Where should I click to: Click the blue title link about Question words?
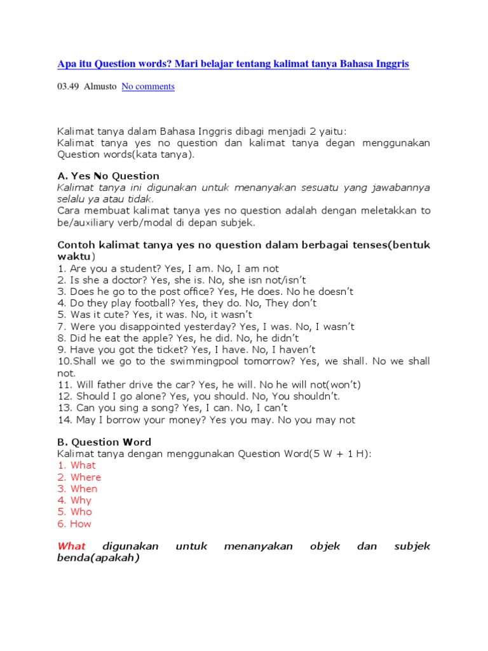click(x=233, y=64)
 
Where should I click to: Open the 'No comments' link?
click(x=148, y=86)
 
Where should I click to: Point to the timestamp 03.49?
click(x=68, y=86)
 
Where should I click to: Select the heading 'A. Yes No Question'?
click(x=108, y=175)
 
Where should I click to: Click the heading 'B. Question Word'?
click(x=104, y=442)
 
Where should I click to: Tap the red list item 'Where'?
click(x=86, y=477)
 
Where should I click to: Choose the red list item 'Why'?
click(x=81, y=500)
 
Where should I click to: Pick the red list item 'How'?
click(x=81, y=524)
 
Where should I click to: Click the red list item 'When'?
click(x=84, y=489)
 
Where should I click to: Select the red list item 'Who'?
click(x=81, y=512)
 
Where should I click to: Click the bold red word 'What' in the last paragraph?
click(x=71, y=546)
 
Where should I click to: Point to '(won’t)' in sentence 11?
click(x=343, y=385)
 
